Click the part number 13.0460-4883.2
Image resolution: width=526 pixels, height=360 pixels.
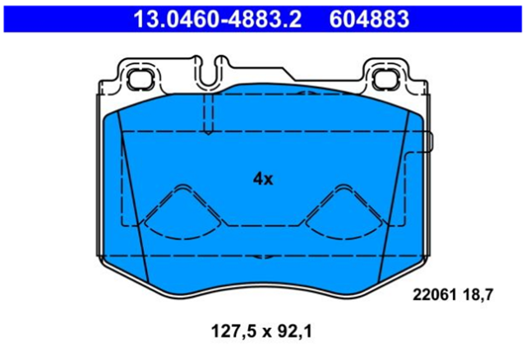tap(217, 19)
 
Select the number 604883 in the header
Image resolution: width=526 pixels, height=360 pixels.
tap(369, 19)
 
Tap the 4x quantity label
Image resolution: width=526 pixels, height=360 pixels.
tap(263, 179)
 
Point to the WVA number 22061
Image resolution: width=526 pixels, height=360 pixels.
tap(435, 295)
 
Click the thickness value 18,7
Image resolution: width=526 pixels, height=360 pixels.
tap(478, 295)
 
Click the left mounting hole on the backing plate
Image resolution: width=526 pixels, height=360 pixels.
tap(140, 79)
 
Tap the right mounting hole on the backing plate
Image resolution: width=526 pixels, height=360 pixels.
tap(385, 79)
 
